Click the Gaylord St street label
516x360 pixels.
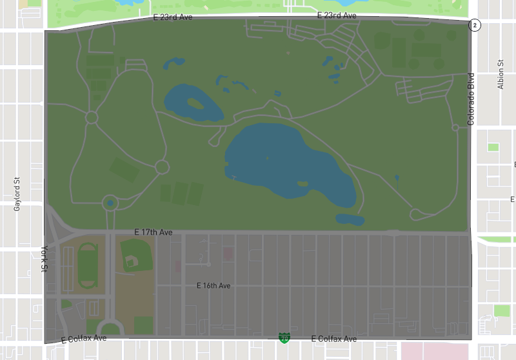click(18, 194)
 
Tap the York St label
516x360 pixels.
click(45, 258)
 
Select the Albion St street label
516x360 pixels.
click(501, 74)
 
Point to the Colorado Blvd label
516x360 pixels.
click(471, 99)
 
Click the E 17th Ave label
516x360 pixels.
click(153, 232)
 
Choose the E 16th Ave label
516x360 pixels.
click(213, 285)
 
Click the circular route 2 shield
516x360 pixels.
click(475, 25)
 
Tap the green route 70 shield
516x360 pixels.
click(284, 337)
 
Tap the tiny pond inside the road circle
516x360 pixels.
click(110, 204)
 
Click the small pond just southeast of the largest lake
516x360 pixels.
click(350, 220)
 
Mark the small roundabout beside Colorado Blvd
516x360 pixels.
click(455, 128)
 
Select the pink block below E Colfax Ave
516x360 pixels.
click(436, 351)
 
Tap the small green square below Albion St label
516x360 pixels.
click(493, 147)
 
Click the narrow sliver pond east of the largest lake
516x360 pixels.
click(396, 180)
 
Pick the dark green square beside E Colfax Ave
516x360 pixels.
click(143, 325)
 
